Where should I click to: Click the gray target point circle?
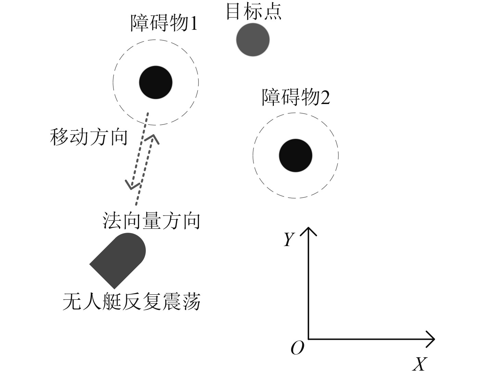(x=253, y=40)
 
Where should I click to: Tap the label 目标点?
(x=254, y=12)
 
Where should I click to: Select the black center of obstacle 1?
(x=156, y=82)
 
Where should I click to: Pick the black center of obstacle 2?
(x=295, y=155)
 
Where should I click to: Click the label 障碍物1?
(x=164, y=23)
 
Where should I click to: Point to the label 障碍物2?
(x=295, y=97)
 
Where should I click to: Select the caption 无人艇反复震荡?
(x=131, y=302)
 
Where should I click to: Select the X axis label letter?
(x=420, y=364)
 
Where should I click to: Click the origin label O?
(x=297, y=348)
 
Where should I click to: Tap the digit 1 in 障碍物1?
(x=194, y=24)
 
